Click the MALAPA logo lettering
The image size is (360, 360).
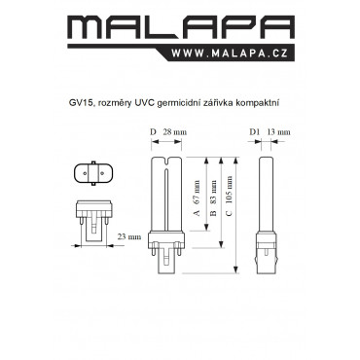(181, 28)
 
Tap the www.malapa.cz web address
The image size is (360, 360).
(230, 54)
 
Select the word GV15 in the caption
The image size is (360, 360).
(79, 103)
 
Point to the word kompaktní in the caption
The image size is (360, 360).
(257, 103)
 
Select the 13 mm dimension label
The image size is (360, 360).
(279, 132)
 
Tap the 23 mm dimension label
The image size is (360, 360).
(129, 236)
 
